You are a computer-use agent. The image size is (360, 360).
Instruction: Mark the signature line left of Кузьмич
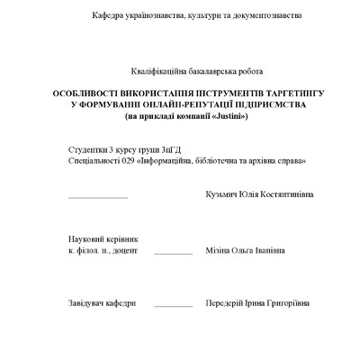pyautogui.click(x=98, y=197)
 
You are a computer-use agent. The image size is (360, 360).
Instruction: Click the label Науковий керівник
pyautogui.click(x=103, y=238)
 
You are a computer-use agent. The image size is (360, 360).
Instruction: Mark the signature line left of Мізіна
pyautogui.click(x=173, y=255)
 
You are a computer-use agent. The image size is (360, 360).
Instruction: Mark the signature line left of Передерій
pyautogui.click(x=173, y=307)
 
